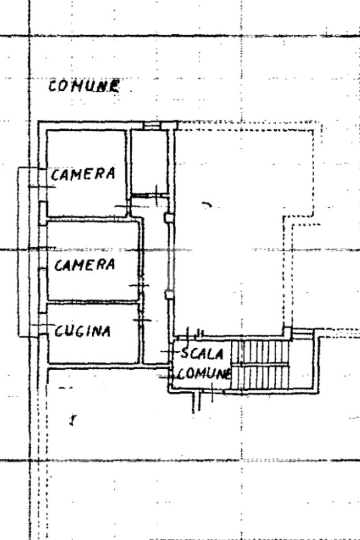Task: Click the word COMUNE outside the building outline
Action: coord(83,85)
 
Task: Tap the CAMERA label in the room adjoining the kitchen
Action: coord(84,264)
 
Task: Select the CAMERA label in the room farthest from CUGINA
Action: coord(83,173)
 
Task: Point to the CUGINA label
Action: coord(83,331)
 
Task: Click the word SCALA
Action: coord(202,353)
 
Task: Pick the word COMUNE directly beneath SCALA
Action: coord(205,373)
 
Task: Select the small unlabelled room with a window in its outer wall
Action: coord(149,161)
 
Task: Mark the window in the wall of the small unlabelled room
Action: coord(152,126)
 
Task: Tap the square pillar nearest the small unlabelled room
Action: coord(169,217)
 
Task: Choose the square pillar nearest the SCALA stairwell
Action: coord(169,294)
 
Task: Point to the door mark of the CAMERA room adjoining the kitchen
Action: coord(140,286)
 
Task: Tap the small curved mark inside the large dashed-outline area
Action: coord(207,204)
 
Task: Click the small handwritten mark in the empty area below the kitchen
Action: coord(72,420)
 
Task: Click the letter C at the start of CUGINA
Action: coord(59,332)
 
